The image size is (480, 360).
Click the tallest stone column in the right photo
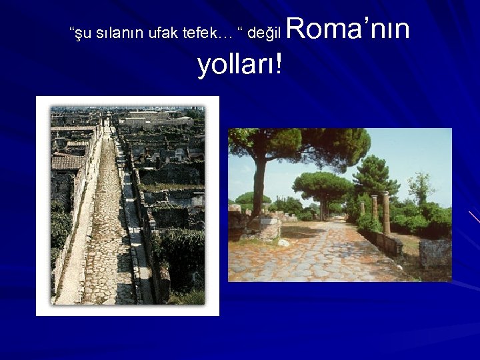385,213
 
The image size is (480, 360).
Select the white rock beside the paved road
284,242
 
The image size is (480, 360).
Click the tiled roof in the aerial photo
68,162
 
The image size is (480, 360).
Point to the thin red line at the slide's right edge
474,217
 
